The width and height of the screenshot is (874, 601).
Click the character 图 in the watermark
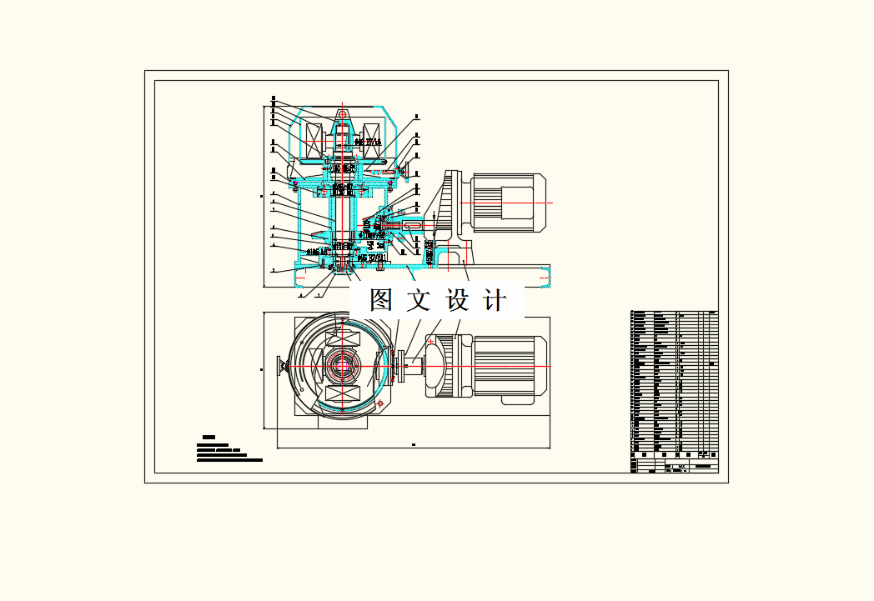[381, 300]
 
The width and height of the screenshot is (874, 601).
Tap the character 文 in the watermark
[419, 300]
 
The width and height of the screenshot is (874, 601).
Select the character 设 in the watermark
[458, 300]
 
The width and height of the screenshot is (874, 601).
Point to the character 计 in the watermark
[496, 300]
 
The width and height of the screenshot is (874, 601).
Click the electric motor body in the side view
[508, 203]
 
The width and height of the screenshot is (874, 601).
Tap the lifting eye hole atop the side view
[343, 115]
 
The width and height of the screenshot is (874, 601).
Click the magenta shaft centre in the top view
[342, 365]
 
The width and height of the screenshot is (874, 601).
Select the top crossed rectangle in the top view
[343, 338]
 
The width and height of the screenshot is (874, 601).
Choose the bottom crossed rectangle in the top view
[343, 394]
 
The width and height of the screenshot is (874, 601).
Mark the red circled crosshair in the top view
[381, 403]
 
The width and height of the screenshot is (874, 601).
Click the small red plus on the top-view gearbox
[430, 343]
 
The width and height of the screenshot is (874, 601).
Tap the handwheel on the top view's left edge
[281, 365]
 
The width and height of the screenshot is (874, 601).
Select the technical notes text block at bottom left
[229, 451]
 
